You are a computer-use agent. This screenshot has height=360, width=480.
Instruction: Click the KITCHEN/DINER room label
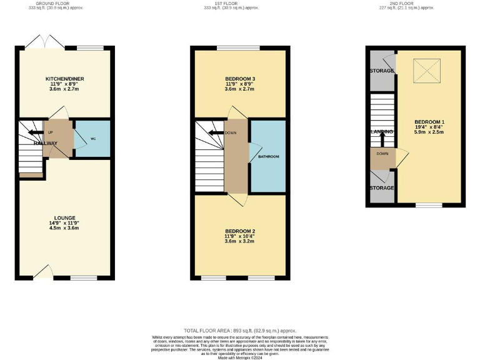(64, 79)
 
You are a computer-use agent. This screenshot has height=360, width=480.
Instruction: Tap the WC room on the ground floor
(93, 137)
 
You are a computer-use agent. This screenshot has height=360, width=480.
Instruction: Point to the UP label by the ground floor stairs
(49, 132)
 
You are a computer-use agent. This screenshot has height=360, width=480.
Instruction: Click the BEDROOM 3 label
(241, 79)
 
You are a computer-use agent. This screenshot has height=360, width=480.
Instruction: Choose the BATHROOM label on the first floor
(268, 156)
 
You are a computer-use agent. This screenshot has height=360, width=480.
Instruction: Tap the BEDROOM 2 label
(241, 232)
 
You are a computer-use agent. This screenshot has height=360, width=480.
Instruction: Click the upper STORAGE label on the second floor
(382, 71)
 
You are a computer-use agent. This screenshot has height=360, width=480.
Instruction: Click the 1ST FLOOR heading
(241, 4)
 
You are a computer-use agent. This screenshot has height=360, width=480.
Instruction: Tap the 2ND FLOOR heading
(416, 4)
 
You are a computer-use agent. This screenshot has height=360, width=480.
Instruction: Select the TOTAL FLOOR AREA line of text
(240, 330)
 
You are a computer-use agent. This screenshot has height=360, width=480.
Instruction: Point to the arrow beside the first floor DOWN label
(216, 132)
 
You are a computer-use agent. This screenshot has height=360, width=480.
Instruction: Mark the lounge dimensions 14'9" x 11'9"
(64, 223)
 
